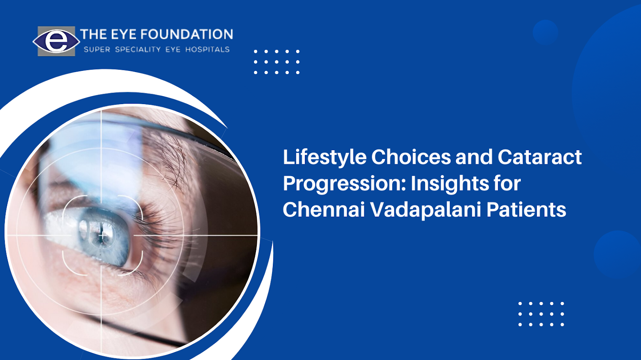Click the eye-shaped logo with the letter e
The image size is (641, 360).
pyautogui.click(x=56, y=41)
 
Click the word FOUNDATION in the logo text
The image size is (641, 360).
pyautogui.click(x=187, y=34)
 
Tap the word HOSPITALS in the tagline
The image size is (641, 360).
pyautogui.click(x=208, y=50)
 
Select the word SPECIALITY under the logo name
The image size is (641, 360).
pyautogui.click(x=138, y=50)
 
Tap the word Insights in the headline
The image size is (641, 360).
pyautogui.click(x=450, y=184)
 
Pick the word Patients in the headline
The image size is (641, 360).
pyautogui.click(x=526, y=209)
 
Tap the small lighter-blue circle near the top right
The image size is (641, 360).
pyautogui.click(x=545, y=32)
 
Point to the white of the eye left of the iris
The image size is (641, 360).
pyautogui.click(x=60, y=229)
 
